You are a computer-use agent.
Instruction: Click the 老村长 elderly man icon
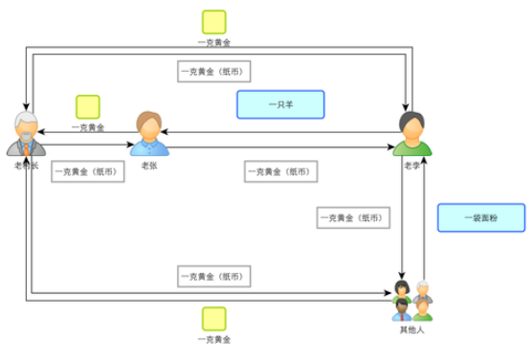[27, 134]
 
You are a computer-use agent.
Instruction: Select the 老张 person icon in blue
[148, 133]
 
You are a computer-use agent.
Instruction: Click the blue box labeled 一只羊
[280, 104]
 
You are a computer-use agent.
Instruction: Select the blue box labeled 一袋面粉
[480, 217]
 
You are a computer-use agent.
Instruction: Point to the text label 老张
[148, 166]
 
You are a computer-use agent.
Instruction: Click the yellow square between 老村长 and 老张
[88, 107]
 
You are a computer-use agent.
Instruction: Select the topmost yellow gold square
[214, 22]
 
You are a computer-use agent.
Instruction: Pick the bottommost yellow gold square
[214, 319]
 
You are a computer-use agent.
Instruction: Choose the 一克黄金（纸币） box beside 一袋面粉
[354, 218]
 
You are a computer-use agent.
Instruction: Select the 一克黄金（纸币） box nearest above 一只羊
[214, 71]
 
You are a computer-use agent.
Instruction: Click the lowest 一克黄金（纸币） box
[214, 276]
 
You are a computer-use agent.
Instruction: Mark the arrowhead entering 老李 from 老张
[394, 148]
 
